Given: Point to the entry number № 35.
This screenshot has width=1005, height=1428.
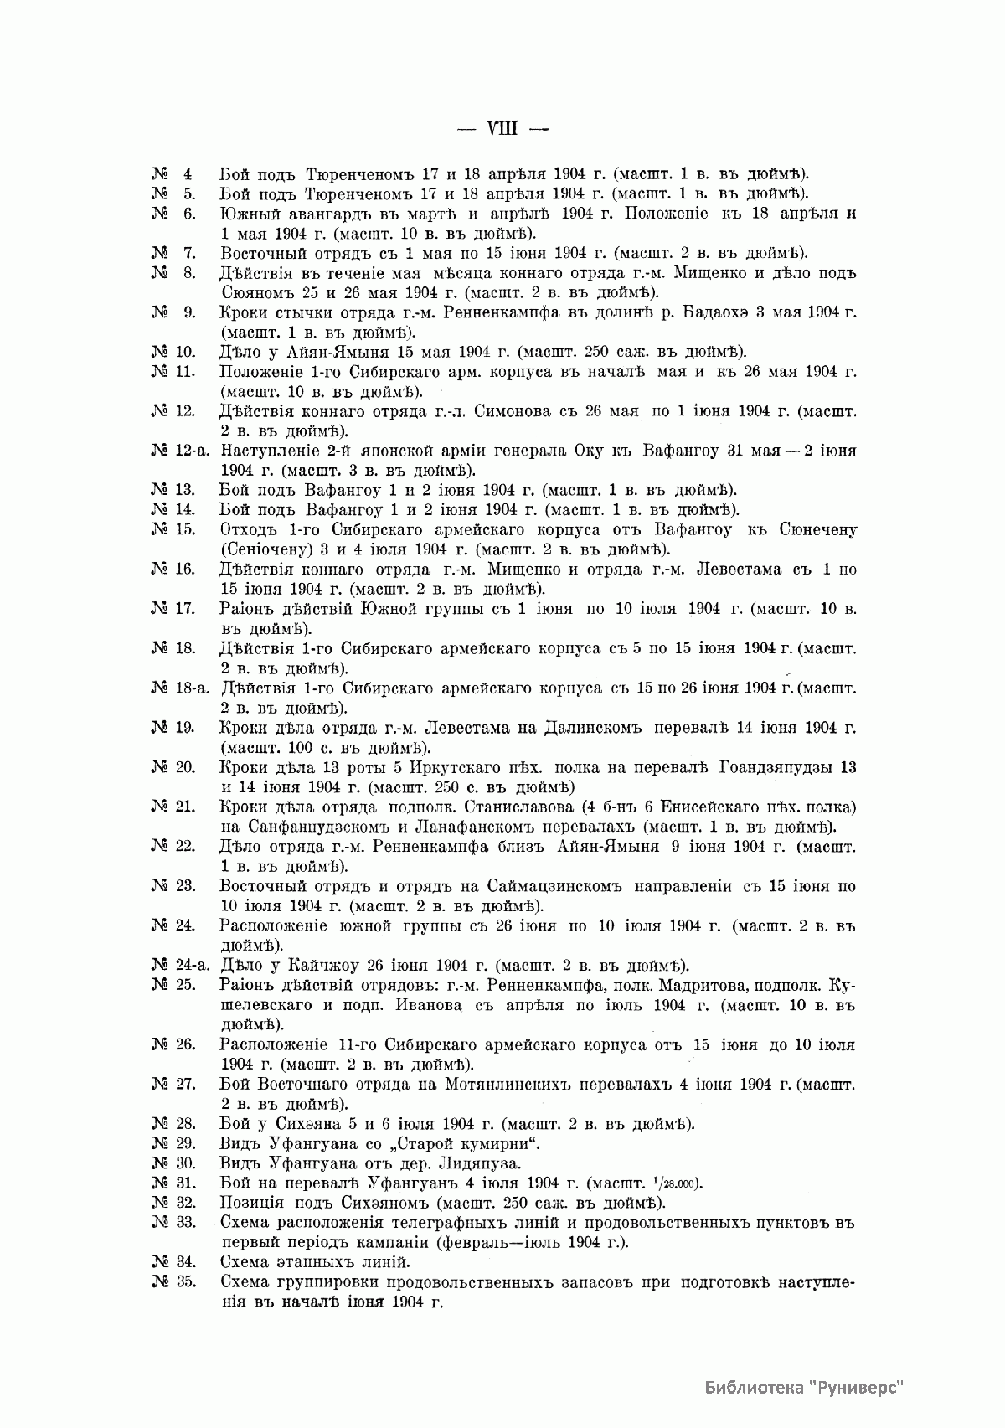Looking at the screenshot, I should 173,1282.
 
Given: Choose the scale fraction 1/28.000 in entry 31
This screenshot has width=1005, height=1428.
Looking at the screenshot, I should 678,1183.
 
